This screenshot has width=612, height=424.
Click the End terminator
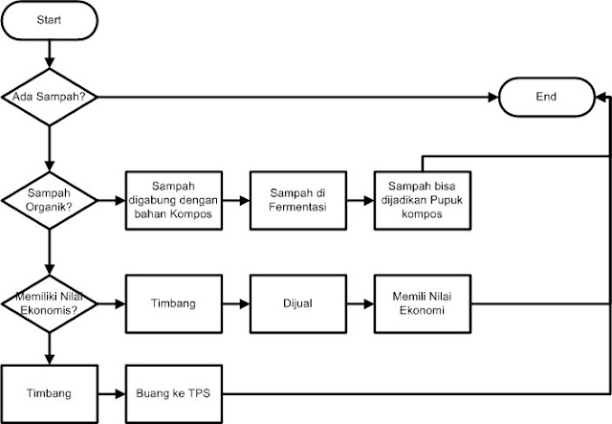click(x=546, y=97)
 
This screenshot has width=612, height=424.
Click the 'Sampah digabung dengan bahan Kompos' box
click(x=171, y=201)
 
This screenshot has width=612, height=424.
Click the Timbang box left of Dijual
click(x=171, y=305)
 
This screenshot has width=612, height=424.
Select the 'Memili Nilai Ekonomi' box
click(x=420, y=305)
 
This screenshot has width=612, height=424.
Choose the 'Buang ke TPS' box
click(x=171, y=393)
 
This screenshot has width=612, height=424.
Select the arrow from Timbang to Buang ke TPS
click(x=110, y=393)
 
